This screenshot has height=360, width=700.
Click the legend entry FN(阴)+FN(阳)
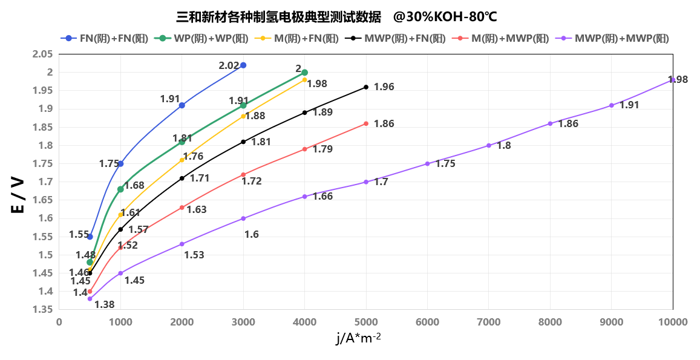tap(100, 39)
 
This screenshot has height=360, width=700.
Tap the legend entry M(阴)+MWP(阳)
tap(503, 39)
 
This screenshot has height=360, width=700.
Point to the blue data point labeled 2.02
tap(243, 65)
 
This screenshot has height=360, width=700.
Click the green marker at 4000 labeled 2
tap(304, 73)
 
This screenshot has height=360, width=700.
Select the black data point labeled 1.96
tap(366, 87)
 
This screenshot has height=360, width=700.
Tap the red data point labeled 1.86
tap(366, 123)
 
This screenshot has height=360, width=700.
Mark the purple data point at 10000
tap(673, 80)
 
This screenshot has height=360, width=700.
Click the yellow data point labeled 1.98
tap(304, 80)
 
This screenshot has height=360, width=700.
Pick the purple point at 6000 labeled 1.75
tap(427, 164)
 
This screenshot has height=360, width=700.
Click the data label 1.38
tap(105, 304)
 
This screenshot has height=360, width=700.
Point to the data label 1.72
tap(252, 180)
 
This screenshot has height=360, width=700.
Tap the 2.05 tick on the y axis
tap(42, 54)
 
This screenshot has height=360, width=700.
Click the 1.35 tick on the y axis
tap(42, 310)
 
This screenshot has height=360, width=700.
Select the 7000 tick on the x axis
tap(488, 322)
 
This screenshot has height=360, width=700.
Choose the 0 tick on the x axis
tap(59, 322)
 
